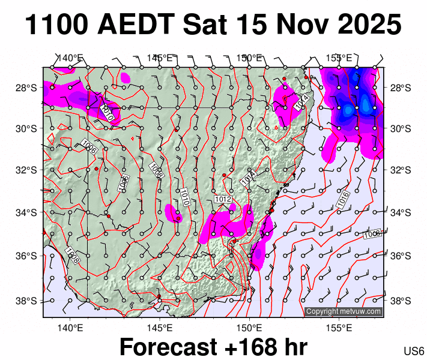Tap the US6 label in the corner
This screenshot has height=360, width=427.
pyautogui.click(x=414, y=350)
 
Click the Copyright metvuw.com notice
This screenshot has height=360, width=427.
pyautogui.click(x=344, y=311)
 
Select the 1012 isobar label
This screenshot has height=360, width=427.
pyautogui.click(x=223, y=199)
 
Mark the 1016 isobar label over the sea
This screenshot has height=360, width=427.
pyautogui.click(x=344, y=200)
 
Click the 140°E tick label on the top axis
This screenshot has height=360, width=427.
pyautogui.click(x=70, y=58)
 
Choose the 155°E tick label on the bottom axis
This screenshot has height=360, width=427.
pyautogui.click(x=339, y=328)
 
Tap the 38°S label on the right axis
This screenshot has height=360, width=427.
pyautogui.click(x=401, y=301)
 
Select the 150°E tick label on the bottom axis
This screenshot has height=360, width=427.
pyautogui.click(x=249, y=328)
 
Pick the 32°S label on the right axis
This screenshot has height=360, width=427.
pyautogui.click(x=401, y=169)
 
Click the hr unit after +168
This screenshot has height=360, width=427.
pyautogui.click(x=294, y=347)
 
